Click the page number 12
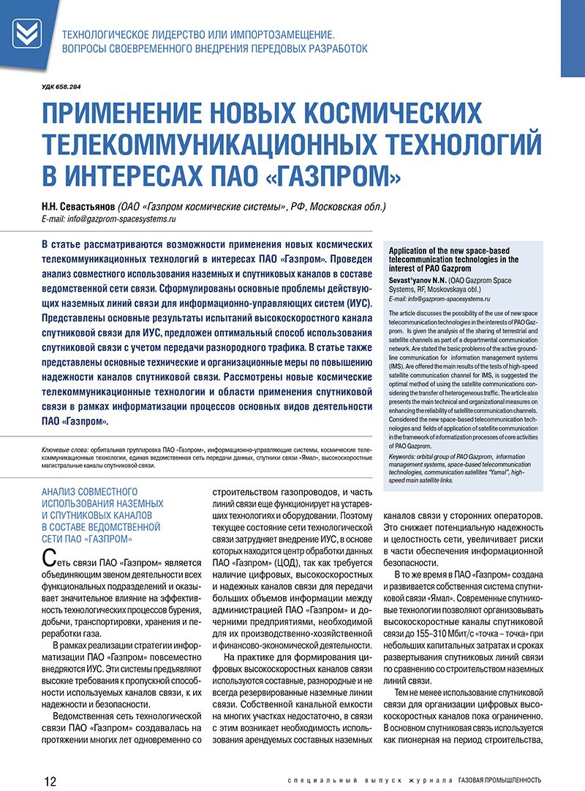click(x=50, y=780)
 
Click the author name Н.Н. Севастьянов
click(x=72, y=207)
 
